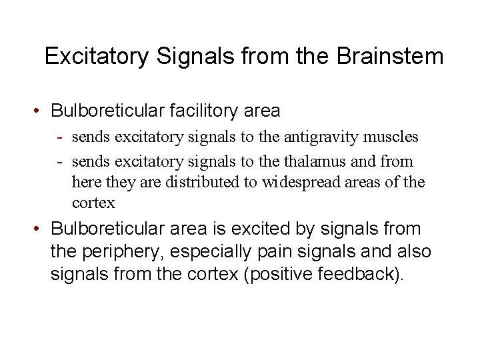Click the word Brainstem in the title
[x=390, y=56]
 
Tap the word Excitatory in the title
[x=97, y=56]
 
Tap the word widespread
[x=305, y=182]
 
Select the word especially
[x=215, y=253]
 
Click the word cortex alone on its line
[x=93, y=203]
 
